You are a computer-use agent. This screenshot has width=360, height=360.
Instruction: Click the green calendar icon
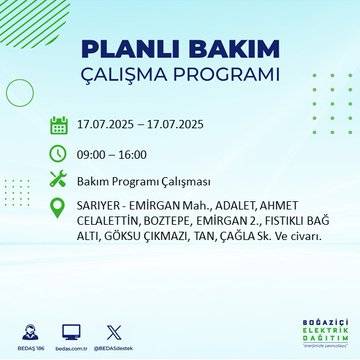tap(59, 125)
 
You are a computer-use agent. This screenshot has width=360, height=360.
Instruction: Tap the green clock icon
tap(59, 152)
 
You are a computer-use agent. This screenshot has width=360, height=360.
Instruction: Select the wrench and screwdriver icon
tap(59, 180)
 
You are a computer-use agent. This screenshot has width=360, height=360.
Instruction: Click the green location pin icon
tap(59, 208)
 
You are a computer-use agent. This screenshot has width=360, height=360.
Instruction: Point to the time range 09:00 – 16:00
tap(114, 153)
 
